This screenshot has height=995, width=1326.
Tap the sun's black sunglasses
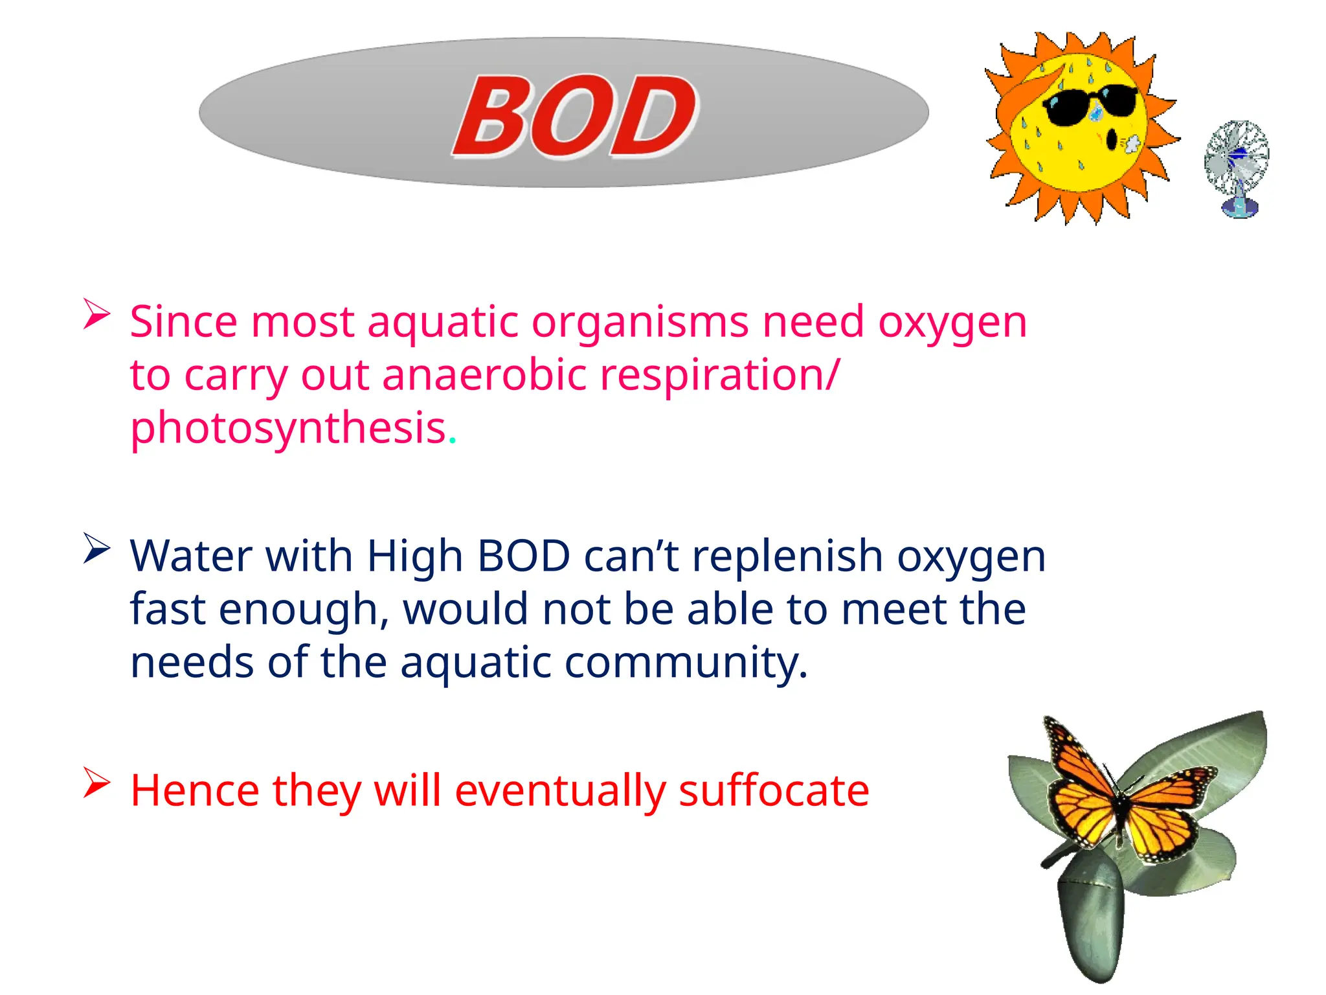click(x=1090, y=104)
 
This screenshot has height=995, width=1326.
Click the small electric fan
click(x=1237, y=167)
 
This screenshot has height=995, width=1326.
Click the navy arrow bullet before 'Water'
click(x=96, y=549)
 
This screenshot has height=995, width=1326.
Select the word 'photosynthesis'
click(x=289, y=429)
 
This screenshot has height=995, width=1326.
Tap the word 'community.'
click(x=686, y=663)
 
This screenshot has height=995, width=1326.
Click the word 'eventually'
click(x=561, y=792)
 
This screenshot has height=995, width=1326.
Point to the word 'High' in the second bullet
click(x=414, y=557)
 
